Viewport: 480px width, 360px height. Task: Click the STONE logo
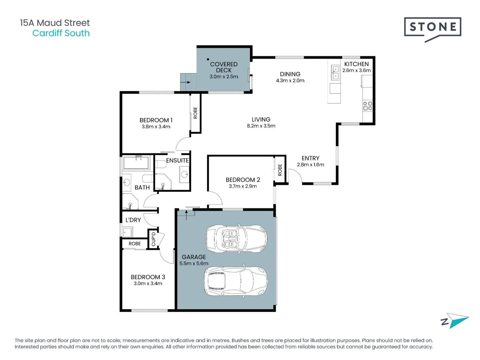[x=432, y=29]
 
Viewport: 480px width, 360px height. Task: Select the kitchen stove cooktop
[x=367, y=106]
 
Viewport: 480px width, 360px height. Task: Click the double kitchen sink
[x=335, y=72]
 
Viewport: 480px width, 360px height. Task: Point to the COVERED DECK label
[x=223, y=67]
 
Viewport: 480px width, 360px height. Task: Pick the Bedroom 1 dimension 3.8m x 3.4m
[x=156, y=127]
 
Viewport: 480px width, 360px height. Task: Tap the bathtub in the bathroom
[x=136, y=162]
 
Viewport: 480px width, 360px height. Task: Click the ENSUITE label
[x=177, y=160]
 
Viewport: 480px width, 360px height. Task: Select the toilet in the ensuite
[x=160, y=164]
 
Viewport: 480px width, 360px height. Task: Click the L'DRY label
[x=133, y=220]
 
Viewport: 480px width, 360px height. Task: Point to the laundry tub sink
[x=127, y=232]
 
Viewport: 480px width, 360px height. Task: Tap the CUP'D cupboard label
[x=154, y=239]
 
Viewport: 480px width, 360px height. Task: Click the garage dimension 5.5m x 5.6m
[x=194, y=263]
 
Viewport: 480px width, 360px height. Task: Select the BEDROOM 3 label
[x=148, y=277]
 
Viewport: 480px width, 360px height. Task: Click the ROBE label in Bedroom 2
[x=280, y=170]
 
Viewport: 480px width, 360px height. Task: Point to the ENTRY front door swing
[x=296, y=176]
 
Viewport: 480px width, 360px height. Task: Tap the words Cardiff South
[x=61, y=33]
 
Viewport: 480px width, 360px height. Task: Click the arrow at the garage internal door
[x=186, y=215]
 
